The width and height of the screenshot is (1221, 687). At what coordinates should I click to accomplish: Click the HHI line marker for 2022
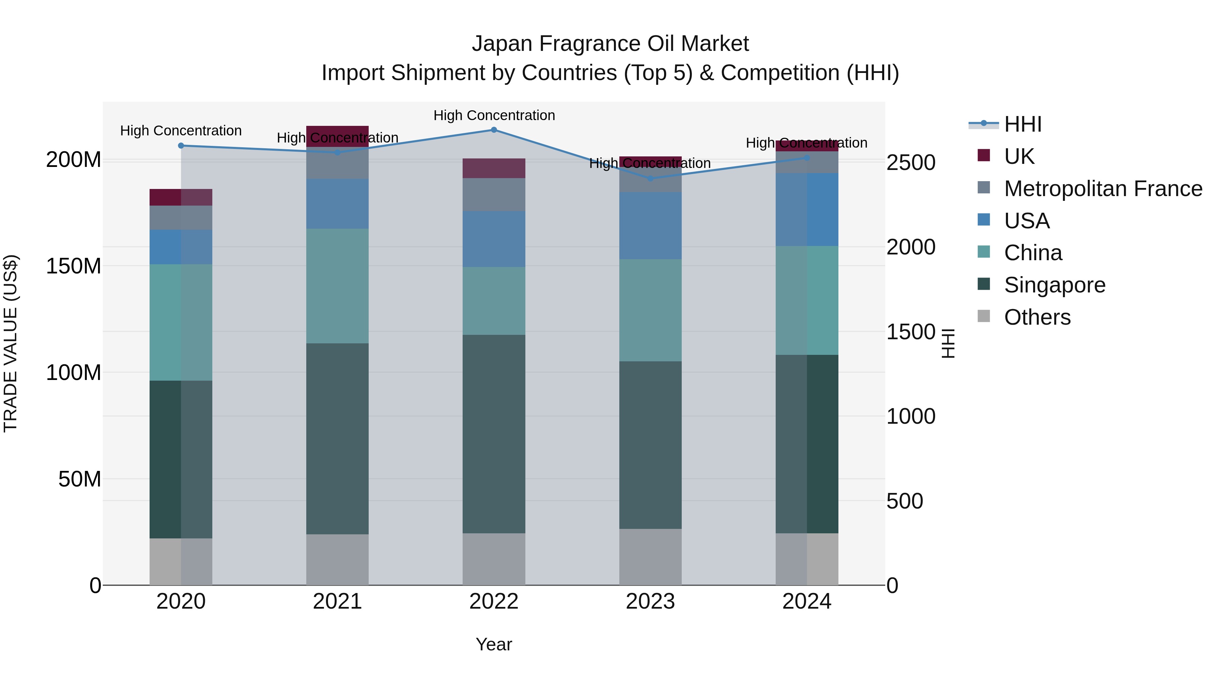[x=493, y=130]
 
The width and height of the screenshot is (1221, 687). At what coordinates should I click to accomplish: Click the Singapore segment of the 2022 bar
[x=493, y=434]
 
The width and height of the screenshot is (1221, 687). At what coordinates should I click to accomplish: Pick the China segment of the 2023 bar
[x=650, y=310]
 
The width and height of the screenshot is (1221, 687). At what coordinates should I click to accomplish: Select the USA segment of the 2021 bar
[x=337, y=204]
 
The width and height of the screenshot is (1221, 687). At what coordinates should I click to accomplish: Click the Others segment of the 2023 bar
[x=650, y=557]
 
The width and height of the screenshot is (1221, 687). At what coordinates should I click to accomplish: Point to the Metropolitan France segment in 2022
[x=493, y=194]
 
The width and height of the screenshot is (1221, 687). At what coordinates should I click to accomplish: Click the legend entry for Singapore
[x=1054, y=285]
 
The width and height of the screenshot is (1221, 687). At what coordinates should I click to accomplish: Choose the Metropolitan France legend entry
[x=1103, y=189]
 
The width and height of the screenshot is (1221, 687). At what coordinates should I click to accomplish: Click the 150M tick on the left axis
[x=74, y=266]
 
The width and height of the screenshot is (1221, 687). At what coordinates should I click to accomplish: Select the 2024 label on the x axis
[x=807, y=602]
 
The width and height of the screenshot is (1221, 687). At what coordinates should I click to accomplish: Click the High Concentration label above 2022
[x=494, y=115]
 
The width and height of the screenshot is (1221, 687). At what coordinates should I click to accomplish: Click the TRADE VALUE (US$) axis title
[x=11, y=343]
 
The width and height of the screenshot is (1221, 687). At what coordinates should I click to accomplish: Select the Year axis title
[x=493, y=644]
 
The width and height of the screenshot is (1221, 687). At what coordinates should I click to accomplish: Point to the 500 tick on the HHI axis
[x=904, y=501]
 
